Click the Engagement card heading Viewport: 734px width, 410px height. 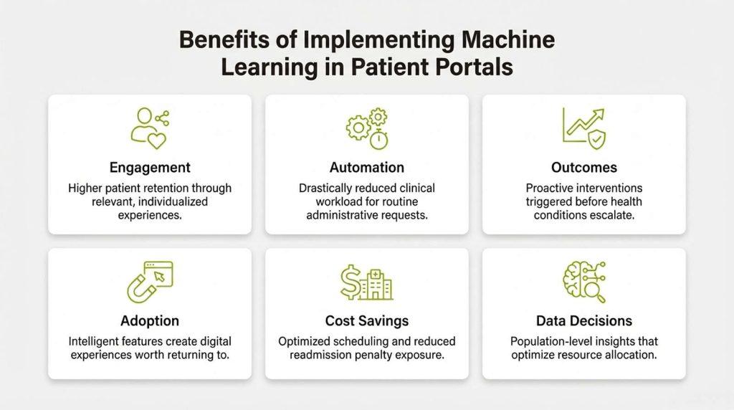[150, 168]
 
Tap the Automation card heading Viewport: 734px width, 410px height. [366, 168]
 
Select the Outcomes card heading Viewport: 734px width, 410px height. [584, 168]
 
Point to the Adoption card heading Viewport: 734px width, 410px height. [150, 320]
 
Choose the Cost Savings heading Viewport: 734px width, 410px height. [366, 320]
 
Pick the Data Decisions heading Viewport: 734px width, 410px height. [584, 320]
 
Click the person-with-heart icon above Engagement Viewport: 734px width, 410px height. [150, 127]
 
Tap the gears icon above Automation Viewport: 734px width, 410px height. [366, 127]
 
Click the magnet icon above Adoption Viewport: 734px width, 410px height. [149, 280]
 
